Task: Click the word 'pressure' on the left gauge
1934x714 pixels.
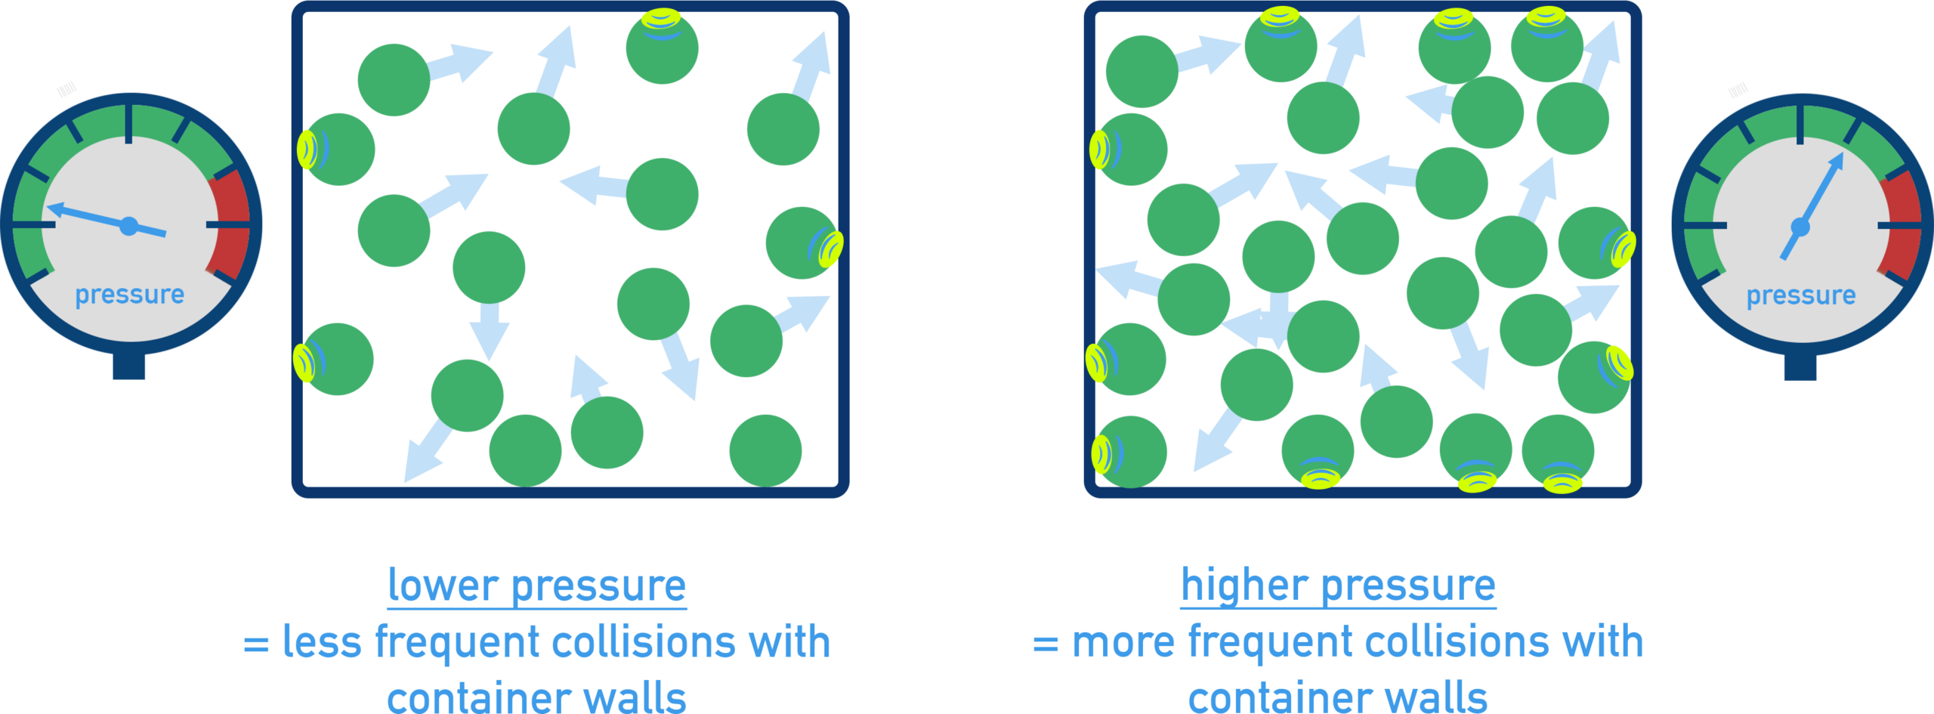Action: coord(129,295)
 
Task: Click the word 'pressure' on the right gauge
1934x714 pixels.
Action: coord(1800,295)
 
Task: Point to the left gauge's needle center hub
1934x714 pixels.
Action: coord(129,226)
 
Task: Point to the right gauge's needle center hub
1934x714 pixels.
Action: coord(1800,227)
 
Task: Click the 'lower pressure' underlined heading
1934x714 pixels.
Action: coord(536,586)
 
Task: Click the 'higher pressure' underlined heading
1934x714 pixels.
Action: coord(1338,586)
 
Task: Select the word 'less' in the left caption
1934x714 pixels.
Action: coord(321,642)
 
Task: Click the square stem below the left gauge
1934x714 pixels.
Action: coord(129,366)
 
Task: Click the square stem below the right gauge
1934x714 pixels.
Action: coord(1800,367)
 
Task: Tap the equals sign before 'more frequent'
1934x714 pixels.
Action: coord(1046,644)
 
